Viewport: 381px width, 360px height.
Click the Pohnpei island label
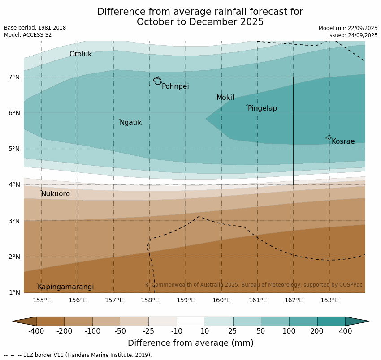pos(175,86)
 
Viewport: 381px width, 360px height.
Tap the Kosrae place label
pos(343,141)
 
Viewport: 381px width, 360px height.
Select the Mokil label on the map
pos(225,98)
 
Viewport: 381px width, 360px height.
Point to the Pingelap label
pos(262,108)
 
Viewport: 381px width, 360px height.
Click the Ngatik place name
pos(130,123)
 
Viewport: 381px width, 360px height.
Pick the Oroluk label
pos(80,54)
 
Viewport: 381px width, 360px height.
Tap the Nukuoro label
pos(56,194)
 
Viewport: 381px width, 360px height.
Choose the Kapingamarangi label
pos(65,287)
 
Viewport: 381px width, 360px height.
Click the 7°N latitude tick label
pos(14,77)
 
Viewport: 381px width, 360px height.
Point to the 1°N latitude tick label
pos(14,292)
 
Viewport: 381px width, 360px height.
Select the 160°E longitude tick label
pos(221,300)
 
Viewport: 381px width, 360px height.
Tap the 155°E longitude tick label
pos(42,300)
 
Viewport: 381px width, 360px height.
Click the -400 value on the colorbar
pos(36,331)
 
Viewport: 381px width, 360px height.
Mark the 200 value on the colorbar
pos(317,331)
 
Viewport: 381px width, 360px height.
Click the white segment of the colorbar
pos(190,321)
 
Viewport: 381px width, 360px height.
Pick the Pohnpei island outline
pos(157,81)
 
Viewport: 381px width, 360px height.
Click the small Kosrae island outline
pos(329,137)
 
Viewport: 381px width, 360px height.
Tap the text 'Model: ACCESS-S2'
pos(28,35)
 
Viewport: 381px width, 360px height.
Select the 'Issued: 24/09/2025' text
pos(353,35)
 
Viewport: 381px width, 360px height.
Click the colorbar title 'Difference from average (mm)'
pos(190,343)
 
